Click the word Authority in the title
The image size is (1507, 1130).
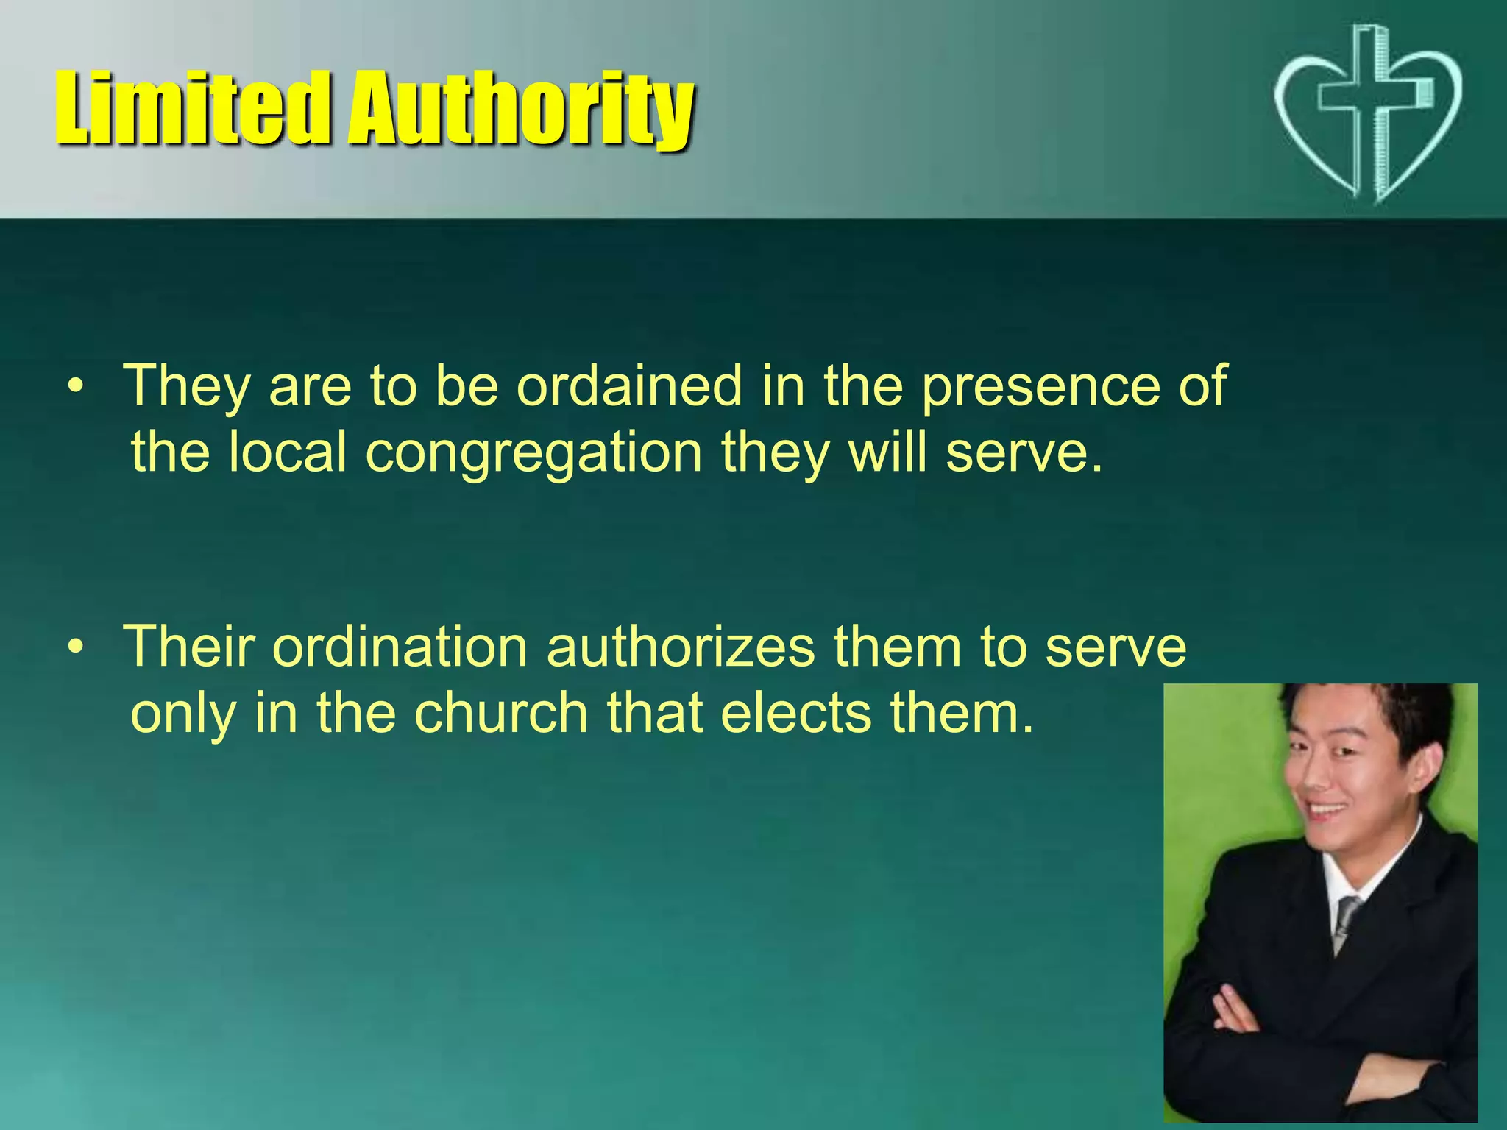521,110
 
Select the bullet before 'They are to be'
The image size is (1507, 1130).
74,386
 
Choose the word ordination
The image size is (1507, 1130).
400,647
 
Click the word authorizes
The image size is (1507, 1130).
681,647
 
